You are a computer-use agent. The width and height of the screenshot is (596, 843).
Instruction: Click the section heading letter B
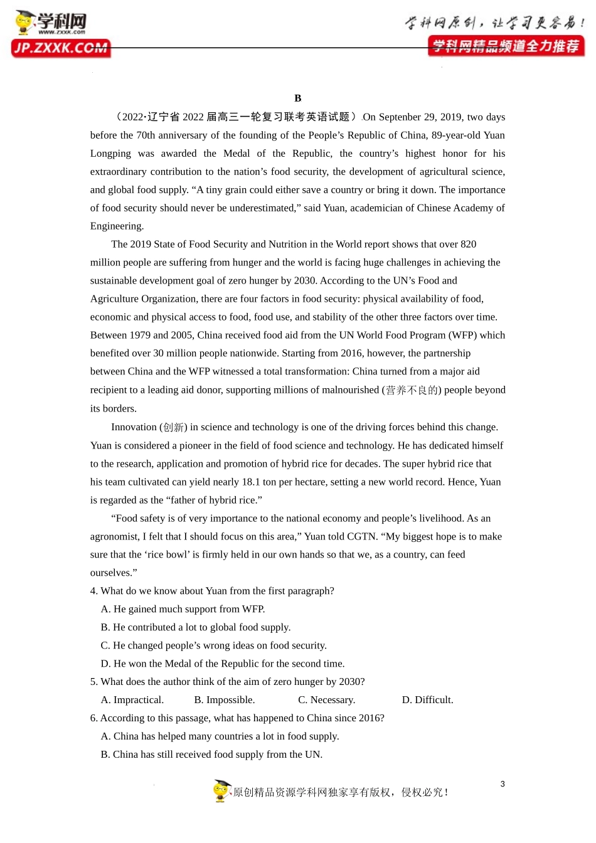[x=298, y=98]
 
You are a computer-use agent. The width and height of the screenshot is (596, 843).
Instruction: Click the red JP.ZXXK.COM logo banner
[x=61, y=48]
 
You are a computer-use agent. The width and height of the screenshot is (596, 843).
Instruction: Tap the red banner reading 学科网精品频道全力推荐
[x=506, y=46]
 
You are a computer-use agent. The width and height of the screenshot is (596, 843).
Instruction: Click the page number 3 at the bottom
[x=503, y=784]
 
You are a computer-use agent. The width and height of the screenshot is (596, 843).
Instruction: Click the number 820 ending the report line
[x=468, y=245]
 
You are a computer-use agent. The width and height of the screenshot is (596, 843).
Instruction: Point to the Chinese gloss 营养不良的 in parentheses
[x=412, y=390]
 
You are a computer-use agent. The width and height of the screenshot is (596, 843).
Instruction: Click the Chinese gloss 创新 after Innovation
[x=174, y=427]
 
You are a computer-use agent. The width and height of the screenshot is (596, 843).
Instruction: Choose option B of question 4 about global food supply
[x=196, y=628]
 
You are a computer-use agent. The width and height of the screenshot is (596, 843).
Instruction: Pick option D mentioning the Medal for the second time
[x=223, y=664]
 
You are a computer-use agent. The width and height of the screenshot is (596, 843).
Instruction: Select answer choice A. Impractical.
[x=132, y=701]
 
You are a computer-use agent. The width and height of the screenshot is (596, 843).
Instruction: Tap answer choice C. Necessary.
[x=326, y=701]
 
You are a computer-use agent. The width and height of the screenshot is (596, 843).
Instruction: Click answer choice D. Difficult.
[x=427, y=701]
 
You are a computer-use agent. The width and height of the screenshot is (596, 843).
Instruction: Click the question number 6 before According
[x=93, y=719]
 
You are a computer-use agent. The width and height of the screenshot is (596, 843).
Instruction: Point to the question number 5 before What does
[x=93, y=682]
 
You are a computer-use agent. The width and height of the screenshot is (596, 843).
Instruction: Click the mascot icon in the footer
[x=221, y=791]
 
